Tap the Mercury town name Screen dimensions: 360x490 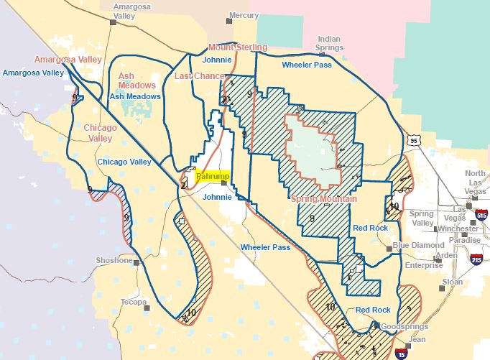tap(243, 15)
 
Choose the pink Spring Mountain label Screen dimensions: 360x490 tap(324, 198)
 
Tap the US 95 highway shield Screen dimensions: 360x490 tap(412, 142)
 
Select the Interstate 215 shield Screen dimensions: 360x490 tap(476, 259)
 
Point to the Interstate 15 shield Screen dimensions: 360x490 tap(399, 353)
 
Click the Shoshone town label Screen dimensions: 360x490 tap(114, 260)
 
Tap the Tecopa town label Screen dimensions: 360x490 tap(133, 302)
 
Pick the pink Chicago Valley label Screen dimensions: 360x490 tap(100, 133)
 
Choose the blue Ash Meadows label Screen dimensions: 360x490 tap(134, 96)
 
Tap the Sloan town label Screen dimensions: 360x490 tap(452, 282)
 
